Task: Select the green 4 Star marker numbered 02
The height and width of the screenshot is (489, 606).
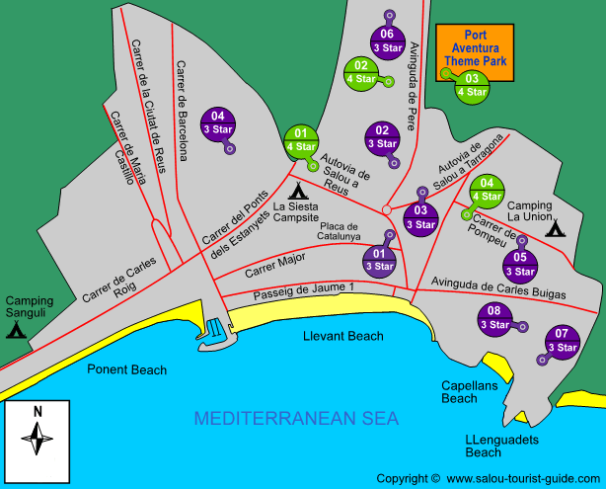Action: pos(361,72)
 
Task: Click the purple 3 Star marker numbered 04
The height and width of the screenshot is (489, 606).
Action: pos(218,122)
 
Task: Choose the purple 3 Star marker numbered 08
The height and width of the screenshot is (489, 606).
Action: pos(494,318)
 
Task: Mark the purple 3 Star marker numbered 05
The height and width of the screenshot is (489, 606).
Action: pos(520,264)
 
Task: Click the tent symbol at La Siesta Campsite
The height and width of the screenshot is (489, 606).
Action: pos(298,190)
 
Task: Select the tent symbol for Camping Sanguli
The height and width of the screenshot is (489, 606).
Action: pos(15,329)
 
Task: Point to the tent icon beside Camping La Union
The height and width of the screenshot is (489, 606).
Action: pos(556,229)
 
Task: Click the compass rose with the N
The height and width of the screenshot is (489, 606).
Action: pos(37,436)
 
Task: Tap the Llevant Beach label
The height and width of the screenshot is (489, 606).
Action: pos(342,337)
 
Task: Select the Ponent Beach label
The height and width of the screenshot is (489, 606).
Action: pos(127,370)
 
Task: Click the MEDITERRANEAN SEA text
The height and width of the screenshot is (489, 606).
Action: pos(296,419)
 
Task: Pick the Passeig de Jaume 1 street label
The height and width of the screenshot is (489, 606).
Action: pos(303,289)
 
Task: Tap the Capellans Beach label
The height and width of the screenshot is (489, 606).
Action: pos(459,392)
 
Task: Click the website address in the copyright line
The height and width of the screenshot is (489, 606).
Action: pos(523,478)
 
